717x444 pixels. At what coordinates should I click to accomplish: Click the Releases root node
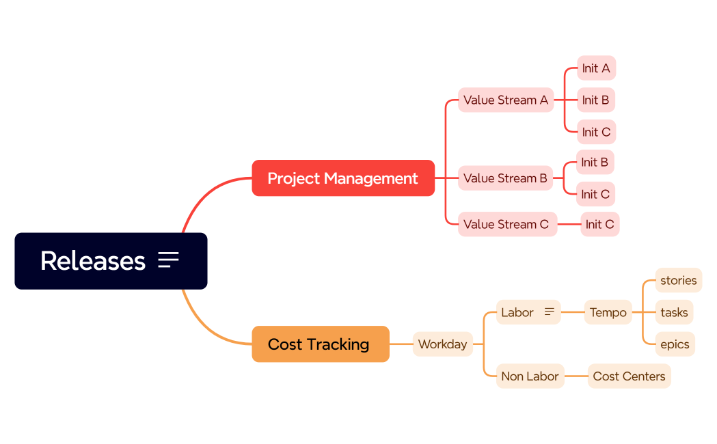92,261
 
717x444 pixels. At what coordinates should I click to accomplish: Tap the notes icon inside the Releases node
168,260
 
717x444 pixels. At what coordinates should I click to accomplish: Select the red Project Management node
342,178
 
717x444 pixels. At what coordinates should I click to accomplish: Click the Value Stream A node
505,100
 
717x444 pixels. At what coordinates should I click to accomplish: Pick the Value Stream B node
505,178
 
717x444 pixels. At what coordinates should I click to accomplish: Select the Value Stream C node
506,224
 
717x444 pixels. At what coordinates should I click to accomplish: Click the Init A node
596,68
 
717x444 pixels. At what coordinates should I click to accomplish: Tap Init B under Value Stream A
595,100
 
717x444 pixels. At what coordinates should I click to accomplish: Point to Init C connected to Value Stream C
599,224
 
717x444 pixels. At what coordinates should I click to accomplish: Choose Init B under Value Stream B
595,163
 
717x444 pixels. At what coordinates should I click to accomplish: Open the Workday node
442,344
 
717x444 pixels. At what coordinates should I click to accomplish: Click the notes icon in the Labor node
549,312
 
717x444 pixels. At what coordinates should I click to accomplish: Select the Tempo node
608,312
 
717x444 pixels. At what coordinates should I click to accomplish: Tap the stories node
678,280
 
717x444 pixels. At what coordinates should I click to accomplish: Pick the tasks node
674,312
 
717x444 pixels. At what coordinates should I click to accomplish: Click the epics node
675,344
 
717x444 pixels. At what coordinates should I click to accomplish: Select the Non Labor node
530,376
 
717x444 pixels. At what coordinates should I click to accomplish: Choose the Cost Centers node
629,376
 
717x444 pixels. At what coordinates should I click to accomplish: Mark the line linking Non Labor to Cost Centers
576,376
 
